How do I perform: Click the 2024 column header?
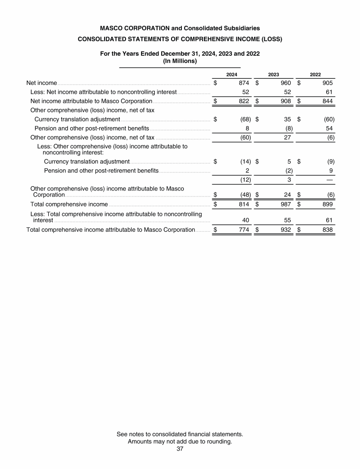232,75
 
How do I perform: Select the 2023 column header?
273,75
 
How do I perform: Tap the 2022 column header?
315,75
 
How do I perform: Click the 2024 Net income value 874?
244,83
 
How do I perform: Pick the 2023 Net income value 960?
286,83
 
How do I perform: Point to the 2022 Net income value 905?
327,83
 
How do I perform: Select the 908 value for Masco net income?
286,101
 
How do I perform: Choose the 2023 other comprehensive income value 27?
287,137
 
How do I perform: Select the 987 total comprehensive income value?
286,204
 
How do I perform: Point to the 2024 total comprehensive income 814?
244,204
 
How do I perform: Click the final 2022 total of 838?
327,230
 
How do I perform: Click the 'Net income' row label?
42,83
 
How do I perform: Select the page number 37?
180,449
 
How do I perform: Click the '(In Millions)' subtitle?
180,61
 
